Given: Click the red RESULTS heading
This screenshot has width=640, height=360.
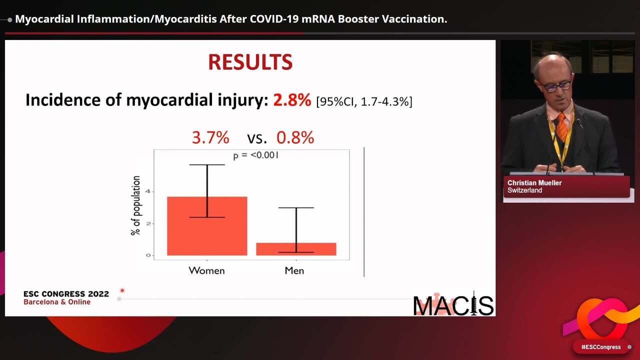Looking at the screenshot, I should click(x=250, y=62).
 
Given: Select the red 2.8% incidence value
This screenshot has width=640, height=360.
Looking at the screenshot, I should click(x=292, y=100).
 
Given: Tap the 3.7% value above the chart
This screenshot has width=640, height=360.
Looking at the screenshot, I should click(x=210, y=137).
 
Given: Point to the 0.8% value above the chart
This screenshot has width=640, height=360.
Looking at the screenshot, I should click(x=295, y=137).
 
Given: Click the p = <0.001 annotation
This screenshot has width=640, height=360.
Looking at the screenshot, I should click(x=256, y=155).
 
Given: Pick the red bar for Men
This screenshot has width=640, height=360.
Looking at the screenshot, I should click(x=296, y=249).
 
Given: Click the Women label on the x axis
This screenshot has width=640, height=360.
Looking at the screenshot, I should click(x=206, y=270).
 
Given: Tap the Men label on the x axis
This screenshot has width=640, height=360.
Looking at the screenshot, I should click(x=294, y=270).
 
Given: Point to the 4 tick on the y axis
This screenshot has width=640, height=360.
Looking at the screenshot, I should click(x=147, y=191).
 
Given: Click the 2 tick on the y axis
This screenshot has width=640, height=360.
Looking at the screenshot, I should click(x=147, y=223).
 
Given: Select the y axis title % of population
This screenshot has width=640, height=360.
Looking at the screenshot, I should click(x=136, y=205).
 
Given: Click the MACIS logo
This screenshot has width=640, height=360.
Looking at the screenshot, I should click(x=453, y=305).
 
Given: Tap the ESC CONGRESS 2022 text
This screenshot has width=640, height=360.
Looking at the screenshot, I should click(x=66, y=294).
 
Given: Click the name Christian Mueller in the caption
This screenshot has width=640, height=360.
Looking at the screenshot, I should click(x=534, y=183).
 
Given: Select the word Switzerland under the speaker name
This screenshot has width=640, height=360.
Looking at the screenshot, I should click(x=524, y=190).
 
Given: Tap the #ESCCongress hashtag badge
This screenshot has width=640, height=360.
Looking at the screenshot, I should click(x=601, y=347).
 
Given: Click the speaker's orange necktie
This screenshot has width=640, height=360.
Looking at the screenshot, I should click(x=562, y=127).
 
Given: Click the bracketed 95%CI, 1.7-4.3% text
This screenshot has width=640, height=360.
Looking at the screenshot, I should click(x=364, y=102).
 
